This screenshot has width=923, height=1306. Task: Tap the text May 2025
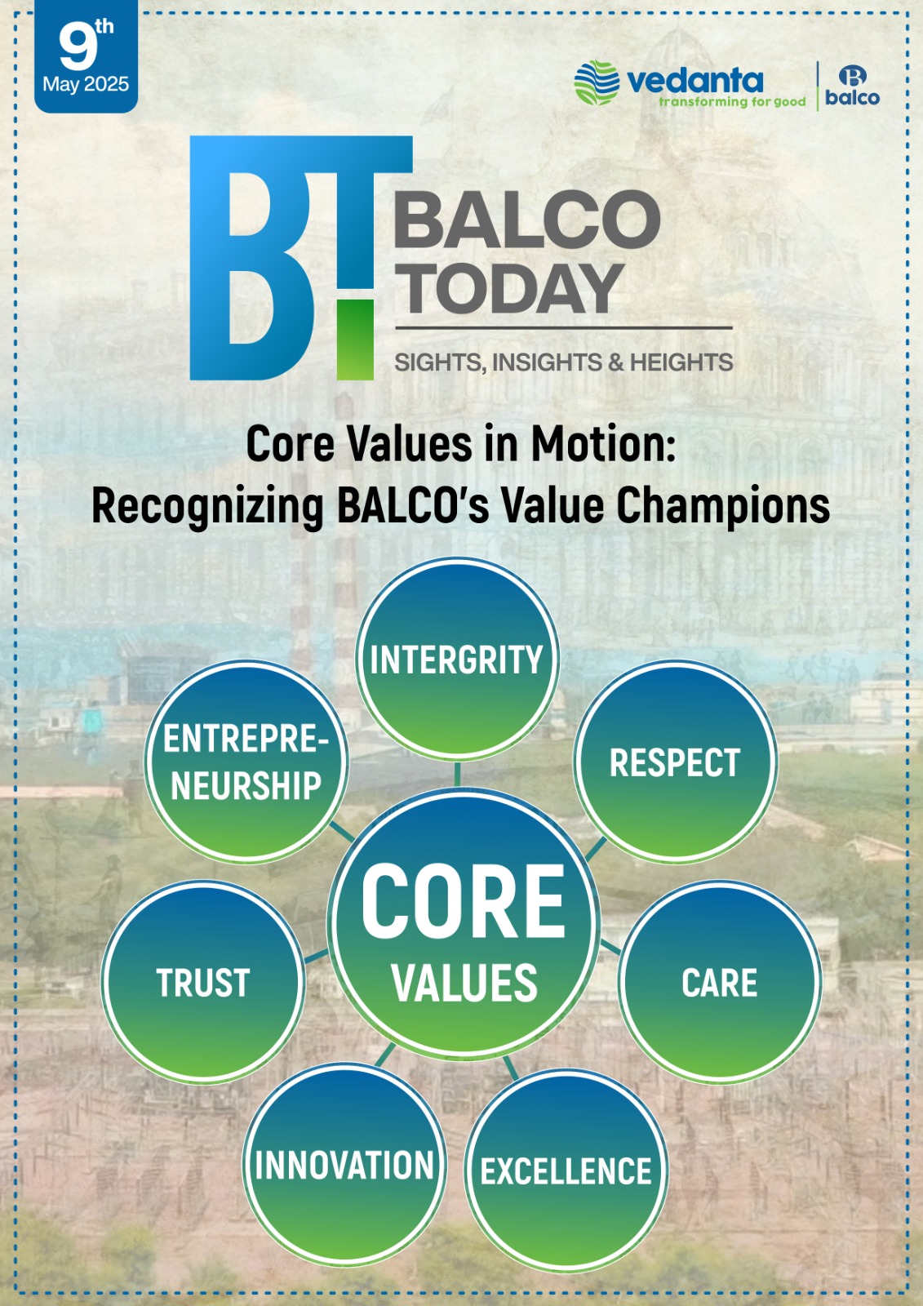point(86,85)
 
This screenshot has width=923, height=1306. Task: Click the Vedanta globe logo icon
point(597,82)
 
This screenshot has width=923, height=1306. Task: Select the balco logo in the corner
point(853,86)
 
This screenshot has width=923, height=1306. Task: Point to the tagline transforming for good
point(732,102)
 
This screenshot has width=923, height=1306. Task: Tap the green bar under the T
point(355,340)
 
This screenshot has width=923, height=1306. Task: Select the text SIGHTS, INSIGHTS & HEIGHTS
point(564,362)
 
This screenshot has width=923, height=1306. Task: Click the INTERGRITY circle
point(457,659)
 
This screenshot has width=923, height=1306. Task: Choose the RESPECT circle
point(675,762)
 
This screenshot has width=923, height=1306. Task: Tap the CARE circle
point(720,983)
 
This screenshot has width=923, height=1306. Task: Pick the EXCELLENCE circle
point(566,1171)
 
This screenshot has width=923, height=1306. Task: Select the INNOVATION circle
point(344,1165)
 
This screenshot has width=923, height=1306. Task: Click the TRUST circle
point(203,983)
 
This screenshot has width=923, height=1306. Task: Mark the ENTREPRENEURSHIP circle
point(246,762)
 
